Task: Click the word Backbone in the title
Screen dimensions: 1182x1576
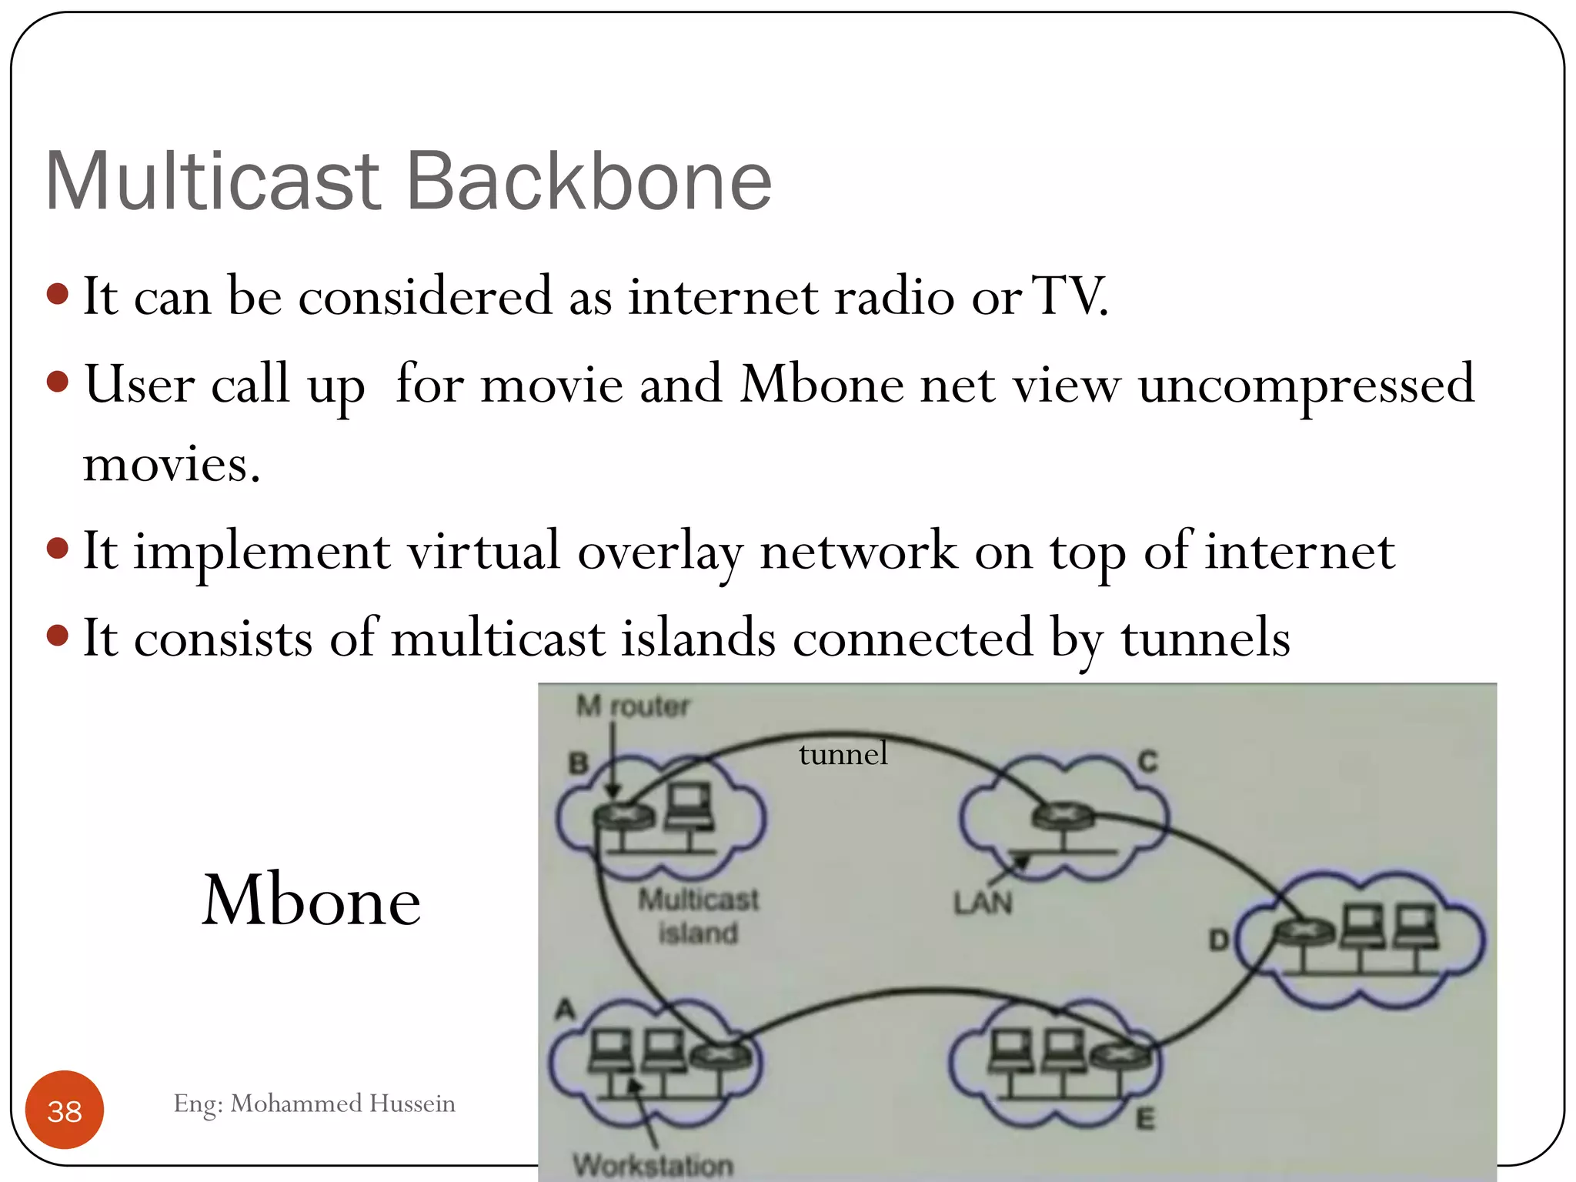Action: (588, 182)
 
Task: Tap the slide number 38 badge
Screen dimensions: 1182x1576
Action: (65, 1110)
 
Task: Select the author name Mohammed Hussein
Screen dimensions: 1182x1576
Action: (342, 1104)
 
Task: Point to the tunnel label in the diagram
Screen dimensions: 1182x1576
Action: (843, 754)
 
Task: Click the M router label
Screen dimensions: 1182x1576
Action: (633, 706)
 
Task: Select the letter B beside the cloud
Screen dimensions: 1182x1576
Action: (578, 763)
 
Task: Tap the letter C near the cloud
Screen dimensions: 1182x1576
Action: (1147, 762)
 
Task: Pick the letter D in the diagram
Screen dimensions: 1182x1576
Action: (1218, 940)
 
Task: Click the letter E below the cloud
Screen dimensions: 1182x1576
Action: (1145, 1118)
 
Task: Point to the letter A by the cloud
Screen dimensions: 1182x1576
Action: (566, 1009)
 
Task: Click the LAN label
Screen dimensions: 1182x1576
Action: (983, 903)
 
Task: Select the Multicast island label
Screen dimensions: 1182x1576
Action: (698, 916)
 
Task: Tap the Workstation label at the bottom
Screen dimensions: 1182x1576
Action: (653, 1165)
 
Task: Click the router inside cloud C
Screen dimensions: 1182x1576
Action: (1063, 815)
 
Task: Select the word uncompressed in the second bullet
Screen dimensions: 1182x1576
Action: (1306, 385)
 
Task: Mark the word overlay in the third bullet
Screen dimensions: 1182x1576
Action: (660, 552)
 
